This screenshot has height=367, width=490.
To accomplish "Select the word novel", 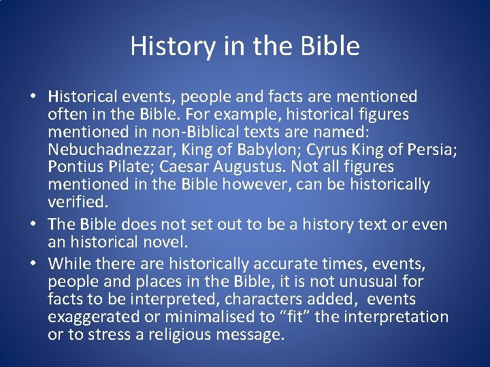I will coord(167,242).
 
